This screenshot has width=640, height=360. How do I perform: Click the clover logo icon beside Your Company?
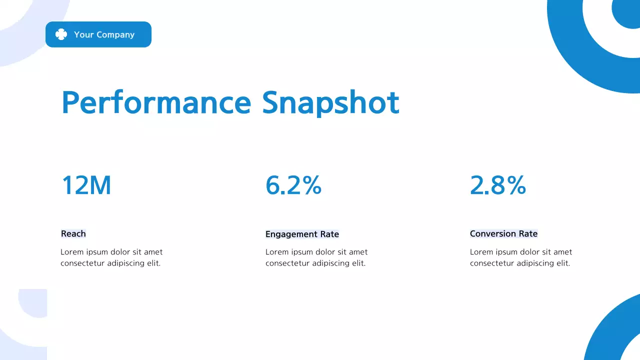click(61, 34)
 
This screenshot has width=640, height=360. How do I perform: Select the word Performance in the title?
click(156, 102)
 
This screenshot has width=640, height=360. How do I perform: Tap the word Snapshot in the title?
click(330, 102)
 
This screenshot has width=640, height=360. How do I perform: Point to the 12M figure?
click(86, 185)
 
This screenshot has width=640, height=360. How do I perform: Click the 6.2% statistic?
click(293, 185)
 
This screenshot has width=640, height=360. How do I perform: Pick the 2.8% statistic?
click(498, 185)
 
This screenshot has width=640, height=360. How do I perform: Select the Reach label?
click(73, 233)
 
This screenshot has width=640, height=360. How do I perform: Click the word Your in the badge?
click(83, 34)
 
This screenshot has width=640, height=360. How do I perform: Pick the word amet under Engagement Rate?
click(358, 252)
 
